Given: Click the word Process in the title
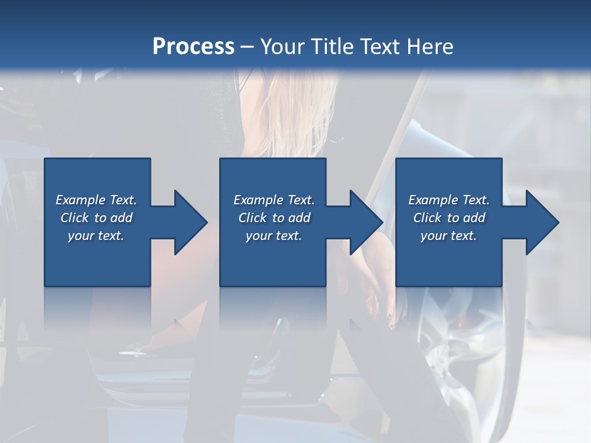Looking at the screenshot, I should (193, 47).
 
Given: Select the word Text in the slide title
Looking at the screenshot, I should (381, 47).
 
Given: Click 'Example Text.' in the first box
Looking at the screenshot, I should (96, 200).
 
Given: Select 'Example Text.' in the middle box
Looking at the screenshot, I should (273, 200).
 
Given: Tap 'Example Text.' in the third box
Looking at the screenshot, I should (449, 200).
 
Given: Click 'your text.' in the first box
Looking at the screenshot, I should (96, 236).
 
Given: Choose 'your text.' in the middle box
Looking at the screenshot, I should (273, 236).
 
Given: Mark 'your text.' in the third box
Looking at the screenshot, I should (449, 236).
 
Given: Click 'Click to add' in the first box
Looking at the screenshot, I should (96, 218).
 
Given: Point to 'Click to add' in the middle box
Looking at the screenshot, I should (273, 218).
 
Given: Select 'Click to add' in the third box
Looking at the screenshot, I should (449, 218).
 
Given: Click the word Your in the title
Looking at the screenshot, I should (280, 47).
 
